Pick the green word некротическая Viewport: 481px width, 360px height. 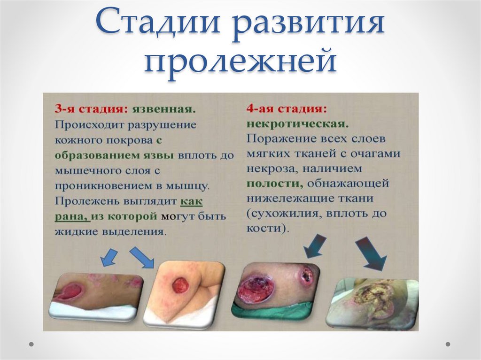[x=297, y=123]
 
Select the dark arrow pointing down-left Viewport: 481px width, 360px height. [x=314, y=245]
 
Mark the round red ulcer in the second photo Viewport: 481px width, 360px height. [x=180, y=284]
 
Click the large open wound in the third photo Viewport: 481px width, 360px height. [x=256, y=288]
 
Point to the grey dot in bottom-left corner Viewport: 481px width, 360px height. [x=31, y=344]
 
